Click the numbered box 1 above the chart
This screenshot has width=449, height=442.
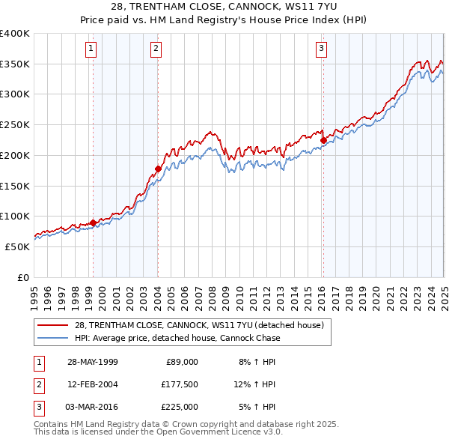tap(91, 49)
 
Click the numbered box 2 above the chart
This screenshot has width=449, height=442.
tap(156, 49)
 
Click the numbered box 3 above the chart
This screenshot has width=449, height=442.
tap(321, 49)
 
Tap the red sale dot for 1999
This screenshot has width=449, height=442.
tap(93, 222)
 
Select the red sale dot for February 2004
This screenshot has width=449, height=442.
tap(158, 169)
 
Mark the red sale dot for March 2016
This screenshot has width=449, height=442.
tap(323, 139)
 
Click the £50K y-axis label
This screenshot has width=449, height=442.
tap(18, 246)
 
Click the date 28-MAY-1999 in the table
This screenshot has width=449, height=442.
tap(93, 362)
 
